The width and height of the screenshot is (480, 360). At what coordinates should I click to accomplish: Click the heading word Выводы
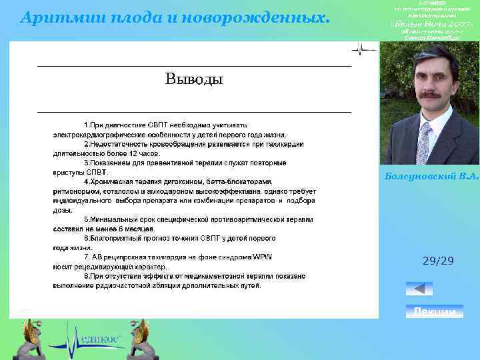click(193, 80)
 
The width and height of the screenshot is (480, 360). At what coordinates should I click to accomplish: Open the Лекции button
click(435, 312)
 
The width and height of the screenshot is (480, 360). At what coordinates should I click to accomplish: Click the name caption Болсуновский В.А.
click(431, 175)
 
